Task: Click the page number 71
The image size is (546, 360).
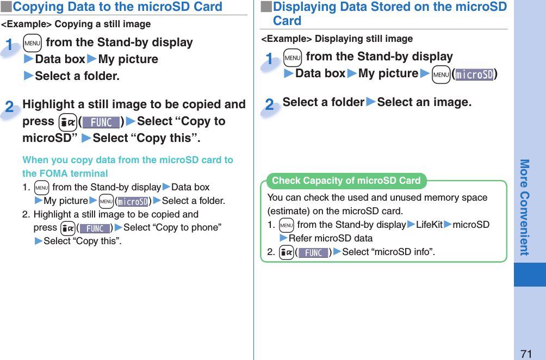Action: click(x=525, y=353)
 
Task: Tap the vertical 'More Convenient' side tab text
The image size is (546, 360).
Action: click(x=524, y=207)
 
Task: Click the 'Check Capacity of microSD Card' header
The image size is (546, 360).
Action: click(x=346, y=181)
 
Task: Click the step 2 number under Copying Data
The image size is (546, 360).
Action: click(x=10, y=107)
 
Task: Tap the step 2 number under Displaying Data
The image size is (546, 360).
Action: click(x=270, y=104)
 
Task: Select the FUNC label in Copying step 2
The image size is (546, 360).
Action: click(x=101, y=122)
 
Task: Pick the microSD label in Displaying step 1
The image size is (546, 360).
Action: click(x=474, y=75)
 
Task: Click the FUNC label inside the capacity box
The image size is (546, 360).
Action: click(x=313, y=253)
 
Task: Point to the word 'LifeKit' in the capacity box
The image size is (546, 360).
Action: click(x=429, y=225)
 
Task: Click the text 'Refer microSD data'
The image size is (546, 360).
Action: click(x=331, y=238)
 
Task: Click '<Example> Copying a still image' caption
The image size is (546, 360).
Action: click(x=76, y=24)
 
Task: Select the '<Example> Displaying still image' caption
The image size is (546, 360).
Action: click(x=337, y=39)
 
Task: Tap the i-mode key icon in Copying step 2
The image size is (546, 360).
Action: click(x=66, y=122)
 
